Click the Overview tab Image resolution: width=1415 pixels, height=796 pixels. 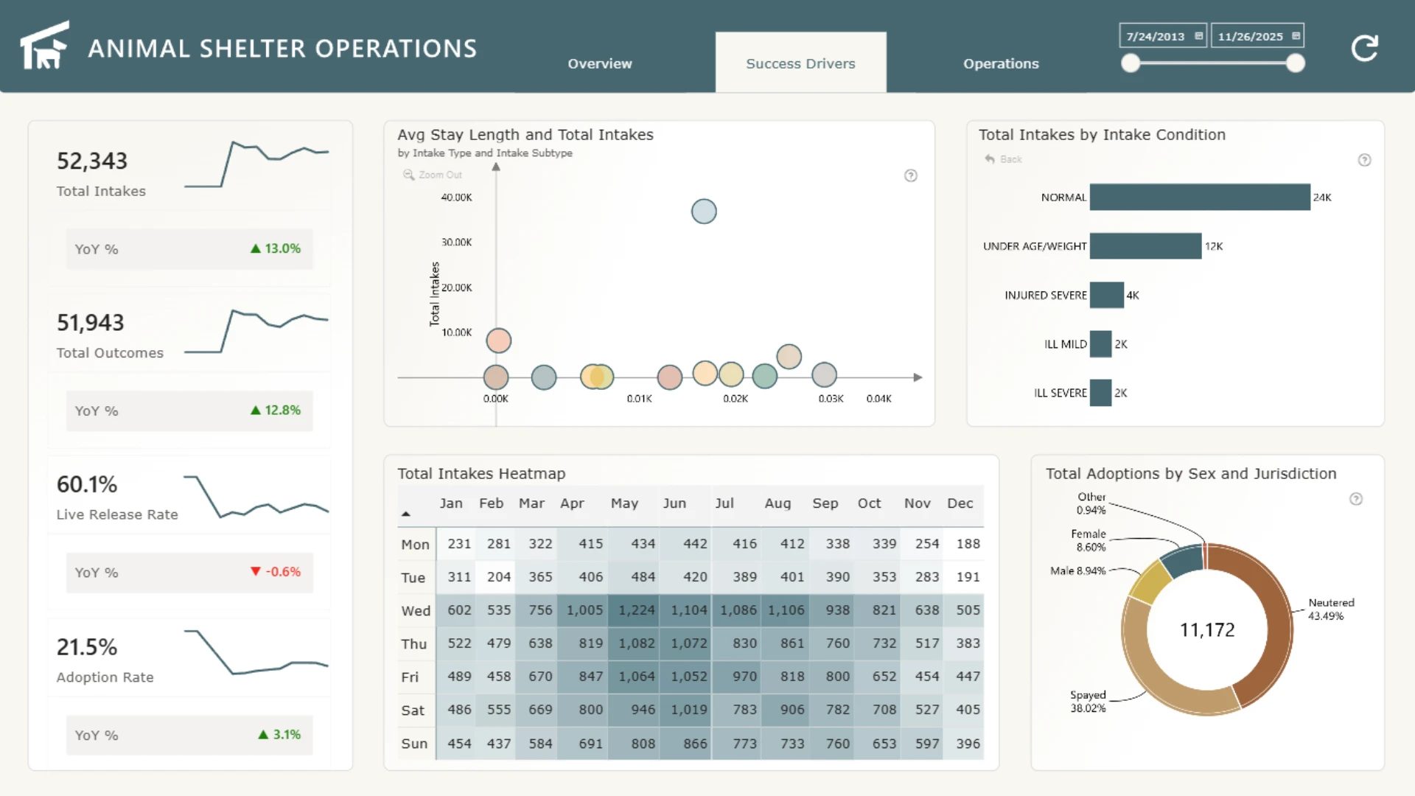[x=600, y=63]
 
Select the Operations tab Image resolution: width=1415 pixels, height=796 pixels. [x=1001, y=63]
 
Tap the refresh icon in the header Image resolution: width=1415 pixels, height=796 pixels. [x=1364, y=48]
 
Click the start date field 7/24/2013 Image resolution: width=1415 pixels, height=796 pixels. [x=1163, y=36]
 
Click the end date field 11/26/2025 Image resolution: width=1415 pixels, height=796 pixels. [x=1257, y=36]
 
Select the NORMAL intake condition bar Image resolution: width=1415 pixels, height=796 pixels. [x=1200, y=197]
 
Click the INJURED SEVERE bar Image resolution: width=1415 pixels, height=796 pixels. [x=1107, y=295]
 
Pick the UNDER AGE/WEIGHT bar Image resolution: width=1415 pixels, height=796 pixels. [x=1145, y=246]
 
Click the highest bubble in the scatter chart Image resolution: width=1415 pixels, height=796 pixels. [x=704, y=212]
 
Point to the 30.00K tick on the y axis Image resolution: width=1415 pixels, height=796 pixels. [x=456, y=242]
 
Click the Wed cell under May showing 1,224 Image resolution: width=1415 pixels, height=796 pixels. [x=636, y=610]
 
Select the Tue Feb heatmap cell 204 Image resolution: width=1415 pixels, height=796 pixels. [x=498, y=577]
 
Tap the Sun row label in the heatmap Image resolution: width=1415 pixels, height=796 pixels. [x=414, y=744]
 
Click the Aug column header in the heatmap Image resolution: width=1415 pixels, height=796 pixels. [x=778, y=503]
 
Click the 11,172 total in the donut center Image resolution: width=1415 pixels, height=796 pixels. [x=1207, y=629]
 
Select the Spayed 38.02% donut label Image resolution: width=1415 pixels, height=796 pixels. [x=1088, y=702]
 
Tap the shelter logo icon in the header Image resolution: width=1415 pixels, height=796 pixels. [x=44, y=45]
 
